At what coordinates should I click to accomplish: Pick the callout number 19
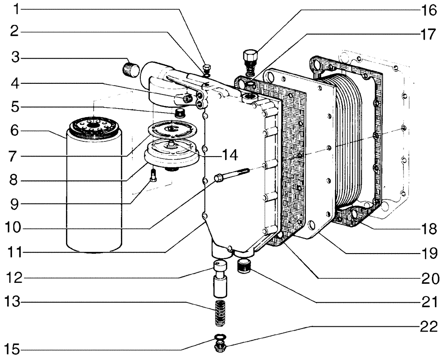click(x=428, y=254)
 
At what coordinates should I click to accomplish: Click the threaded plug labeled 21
click(x=245, y=267)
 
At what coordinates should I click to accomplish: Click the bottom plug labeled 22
click(x=219, y=346)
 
